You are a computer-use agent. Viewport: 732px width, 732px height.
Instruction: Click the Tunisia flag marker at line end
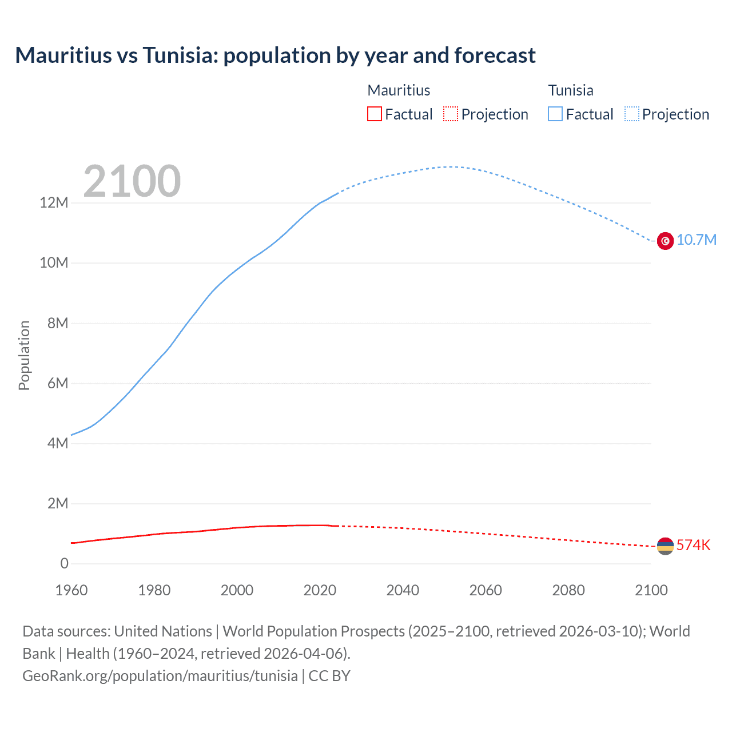(665, 241)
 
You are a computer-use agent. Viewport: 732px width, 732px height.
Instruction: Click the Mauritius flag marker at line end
(665, 546)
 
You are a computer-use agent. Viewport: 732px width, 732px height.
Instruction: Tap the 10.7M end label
(696, 240)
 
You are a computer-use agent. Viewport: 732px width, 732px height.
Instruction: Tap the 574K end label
(693, 545)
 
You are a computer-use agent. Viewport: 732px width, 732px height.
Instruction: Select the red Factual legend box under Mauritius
(375, 114)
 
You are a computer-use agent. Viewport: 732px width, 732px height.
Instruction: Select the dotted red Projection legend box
(451, 114)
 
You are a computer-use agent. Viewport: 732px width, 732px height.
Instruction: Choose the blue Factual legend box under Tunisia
(555, 114)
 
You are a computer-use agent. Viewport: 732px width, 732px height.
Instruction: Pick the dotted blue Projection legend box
(632, 114)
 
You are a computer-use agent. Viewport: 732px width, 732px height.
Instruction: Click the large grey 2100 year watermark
(132, 181)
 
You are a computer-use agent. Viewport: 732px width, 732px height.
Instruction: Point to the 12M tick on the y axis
(54, 202)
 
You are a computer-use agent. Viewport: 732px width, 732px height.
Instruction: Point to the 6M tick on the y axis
(58, 383)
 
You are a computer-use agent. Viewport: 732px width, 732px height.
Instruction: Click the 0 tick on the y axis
(64, 564)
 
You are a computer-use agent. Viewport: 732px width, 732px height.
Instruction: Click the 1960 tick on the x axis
(71, 590)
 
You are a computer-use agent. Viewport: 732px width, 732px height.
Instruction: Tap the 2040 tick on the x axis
(403, 590)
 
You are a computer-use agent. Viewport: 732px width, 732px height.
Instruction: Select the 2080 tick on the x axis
(568, 590)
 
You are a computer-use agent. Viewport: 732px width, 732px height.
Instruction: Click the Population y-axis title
(24, 355)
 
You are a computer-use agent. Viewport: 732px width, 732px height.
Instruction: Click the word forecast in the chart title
(495, 55)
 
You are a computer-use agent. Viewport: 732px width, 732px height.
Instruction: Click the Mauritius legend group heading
(399, 90)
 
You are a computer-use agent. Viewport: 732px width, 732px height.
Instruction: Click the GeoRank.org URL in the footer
(160, 675)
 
